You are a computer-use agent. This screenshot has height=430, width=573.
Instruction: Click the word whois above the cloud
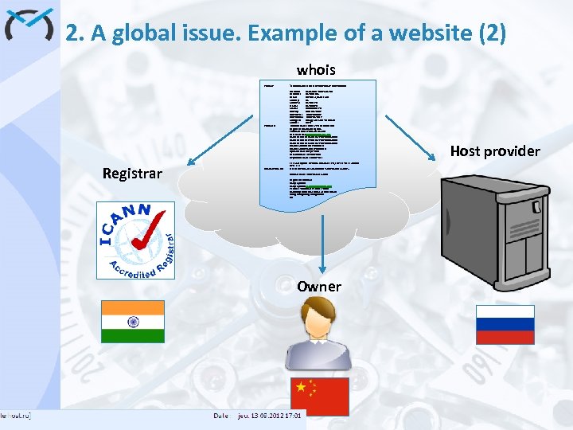(x=316, y=70)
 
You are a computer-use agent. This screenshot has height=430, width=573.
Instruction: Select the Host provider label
(x=495, y=150)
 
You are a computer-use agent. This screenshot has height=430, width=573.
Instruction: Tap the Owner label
(x=319, y=286)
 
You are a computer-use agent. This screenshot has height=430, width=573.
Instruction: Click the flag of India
(x=133, y=322)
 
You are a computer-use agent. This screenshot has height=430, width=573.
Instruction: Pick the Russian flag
(x=505, y=325)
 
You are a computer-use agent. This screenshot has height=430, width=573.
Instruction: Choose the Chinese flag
(x=318, y=396)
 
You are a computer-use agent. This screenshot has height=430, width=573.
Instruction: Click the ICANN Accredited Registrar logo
(x=136, y=240)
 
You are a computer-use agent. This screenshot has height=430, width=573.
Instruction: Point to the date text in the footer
(x=271, y=416)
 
